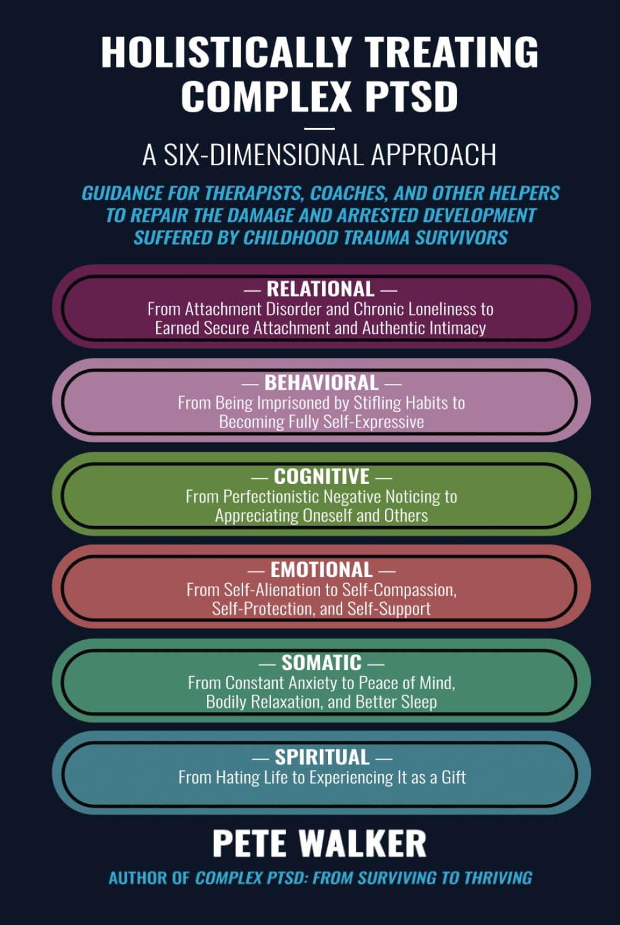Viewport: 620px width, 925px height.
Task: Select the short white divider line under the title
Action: click(319, 128)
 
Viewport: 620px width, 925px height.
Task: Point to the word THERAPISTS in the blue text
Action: click(254, 194)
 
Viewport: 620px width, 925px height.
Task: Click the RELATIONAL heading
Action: click(320, 289)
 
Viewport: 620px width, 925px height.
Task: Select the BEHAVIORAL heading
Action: click(321, 383)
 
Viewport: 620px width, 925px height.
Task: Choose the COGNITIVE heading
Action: click(321, 476)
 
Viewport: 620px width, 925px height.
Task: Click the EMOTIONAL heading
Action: click(321, 570)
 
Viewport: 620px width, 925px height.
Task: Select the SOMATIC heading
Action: click(321, 663)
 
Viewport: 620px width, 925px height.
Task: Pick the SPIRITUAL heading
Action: click(322, 757)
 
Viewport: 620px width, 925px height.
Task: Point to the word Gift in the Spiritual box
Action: click(453, 777)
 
